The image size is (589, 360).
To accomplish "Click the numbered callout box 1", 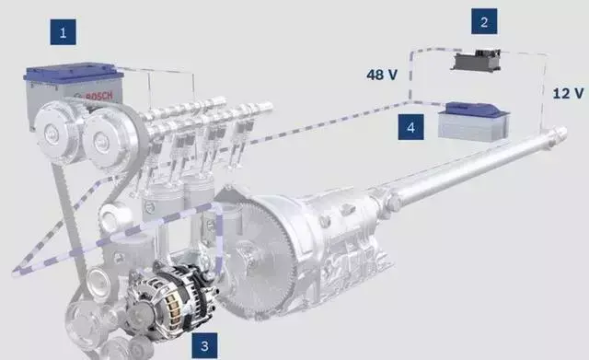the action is pyautogui.click(x=64, y=32).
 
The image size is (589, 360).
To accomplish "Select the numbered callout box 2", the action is pyautogui.click(x=484, y=21).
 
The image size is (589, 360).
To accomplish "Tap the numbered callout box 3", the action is pyautogui.click(x=204, y=345).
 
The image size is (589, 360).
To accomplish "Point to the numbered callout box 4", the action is pyautogui.click(x=411, y=127).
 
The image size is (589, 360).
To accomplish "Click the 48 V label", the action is pyautogui.click(x=382, y=75).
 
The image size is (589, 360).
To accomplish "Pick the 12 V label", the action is pyautogui.click(x=568, y=93).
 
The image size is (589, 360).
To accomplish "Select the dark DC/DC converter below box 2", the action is pyautogui.click(x=476, y=61).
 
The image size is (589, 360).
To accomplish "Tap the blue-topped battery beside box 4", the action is pyautogui.click(x=474, y=122).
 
